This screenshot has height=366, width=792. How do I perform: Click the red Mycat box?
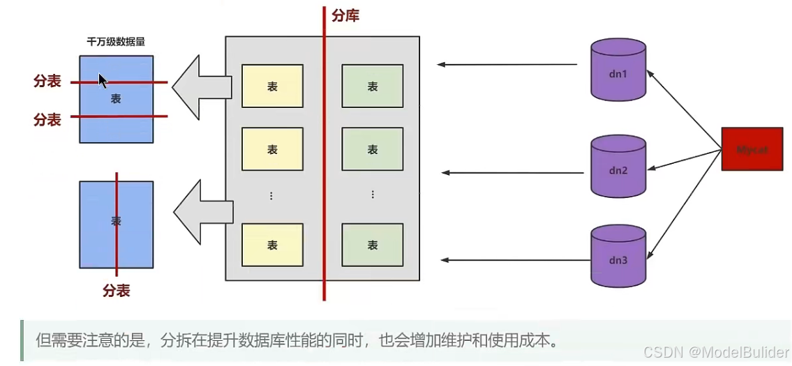(x=752, y=149)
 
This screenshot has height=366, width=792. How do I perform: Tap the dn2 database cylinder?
(x=618, y=167)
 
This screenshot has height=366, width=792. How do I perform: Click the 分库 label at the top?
(x=345, y=15)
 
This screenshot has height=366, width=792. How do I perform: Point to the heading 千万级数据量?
(x=116, y=42)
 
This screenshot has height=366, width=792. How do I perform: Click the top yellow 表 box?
(x=272, y=86)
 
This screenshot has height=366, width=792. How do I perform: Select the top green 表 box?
(x=373, y=86)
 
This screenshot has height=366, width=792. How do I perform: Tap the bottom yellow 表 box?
(x=272, y=245)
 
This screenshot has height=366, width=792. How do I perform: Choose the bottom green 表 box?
(x=373, y=245)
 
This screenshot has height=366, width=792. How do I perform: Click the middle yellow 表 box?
(x=272, y=149)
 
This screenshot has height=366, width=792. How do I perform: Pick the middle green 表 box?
(x=373, y=149)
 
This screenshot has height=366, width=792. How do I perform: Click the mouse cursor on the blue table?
(x=102, y=80)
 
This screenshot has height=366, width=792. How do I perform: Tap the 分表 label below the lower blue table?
(x=117, y=290)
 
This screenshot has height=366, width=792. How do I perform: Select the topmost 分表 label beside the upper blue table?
(x=47, y=82)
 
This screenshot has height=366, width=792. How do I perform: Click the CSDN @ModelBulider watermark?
(x=716, y=352)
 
